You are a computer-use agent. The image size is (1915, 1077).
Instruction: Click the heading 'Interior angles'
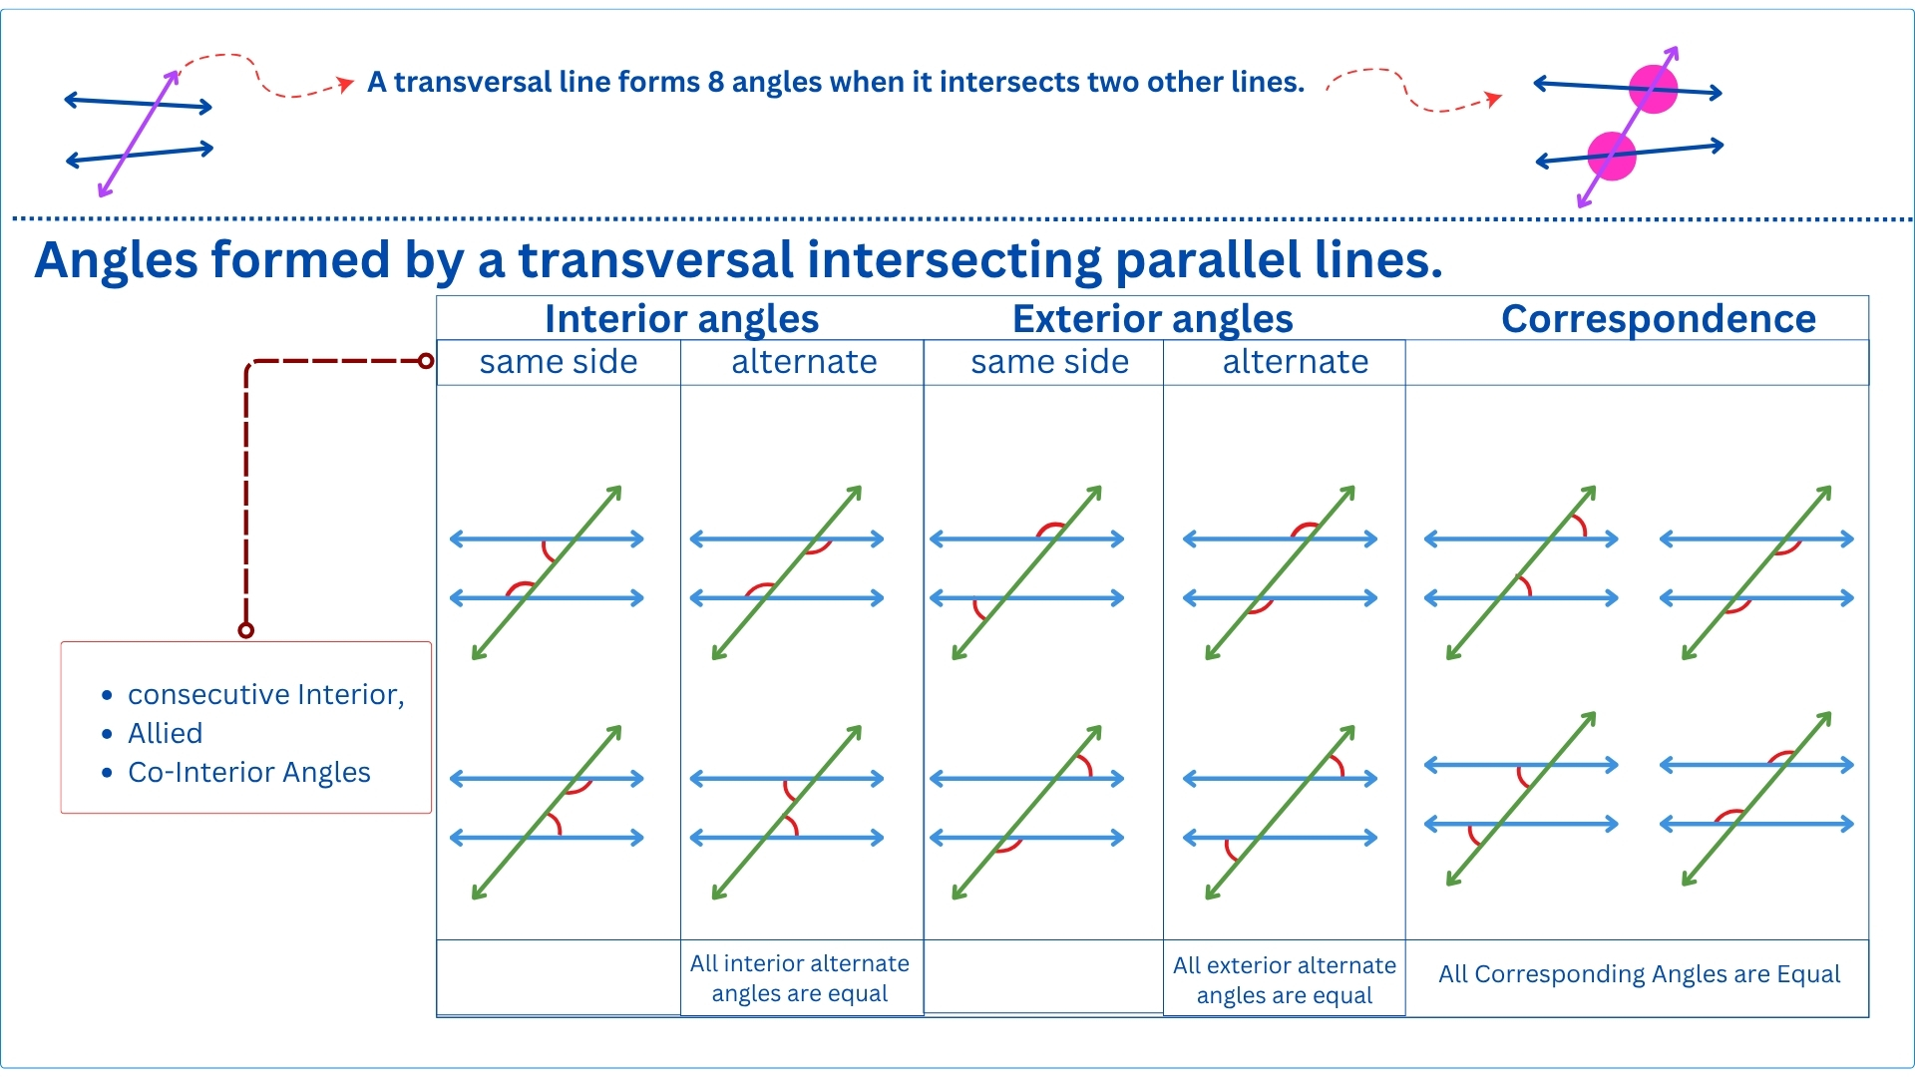click(x=681, y=319)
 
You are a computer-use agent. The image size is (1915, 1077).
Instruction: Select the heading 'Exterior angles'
click(x=1152, y=319)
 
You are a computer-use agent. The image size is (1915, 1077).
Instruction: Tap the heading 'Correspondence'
click(x=1658, y=319)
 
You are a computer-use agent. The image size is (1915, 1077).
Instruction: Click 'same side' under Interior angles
click(x=558, y=362)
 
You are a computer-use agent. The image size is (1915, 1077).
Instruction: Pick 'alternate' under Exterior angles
click(x=1295, y=362)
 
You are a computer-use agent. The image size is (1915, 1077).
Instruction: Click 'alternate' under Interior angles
click(x=804, y=362)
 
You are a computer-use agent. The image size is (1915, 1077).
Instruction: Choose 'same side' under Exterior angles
click(x=1049, y=362)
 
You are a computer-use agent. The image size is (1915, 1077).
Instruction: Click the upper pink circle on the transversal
click(x=1653, y=89)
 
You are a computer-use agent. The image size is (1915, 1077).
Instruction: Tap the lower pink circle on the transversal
click(x=1611, y=156)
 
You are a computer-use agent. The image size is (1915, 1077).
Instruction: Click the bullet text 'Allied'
click(x=165, y=733)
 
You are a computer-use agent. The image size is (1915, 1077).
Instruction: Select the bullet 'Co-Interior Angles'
click(x=248, y=772)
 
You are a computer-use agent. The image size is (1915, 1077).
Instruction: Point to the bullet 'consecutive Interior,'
click(x=265, y=694)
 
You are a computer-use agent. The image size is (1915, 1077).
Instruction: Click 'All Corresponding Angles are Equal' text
click(x=1639, y=974)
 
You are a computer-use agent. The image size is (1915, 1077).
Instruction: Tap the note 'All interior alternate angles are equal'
click(x=799, y=978)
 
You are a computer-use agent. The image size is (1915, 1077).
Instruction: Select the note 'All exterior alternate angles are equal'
click(x=1284, y=980)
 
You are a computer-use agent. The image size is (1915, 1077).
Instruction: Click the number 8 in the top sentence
click(x=715, y=82)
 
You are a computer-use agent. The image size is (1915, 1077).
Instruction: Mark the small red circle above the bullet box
click(x=246, y=630)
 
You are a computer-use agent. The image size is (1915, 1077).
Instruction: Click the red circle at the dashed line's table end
click(x=426, y=361)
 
